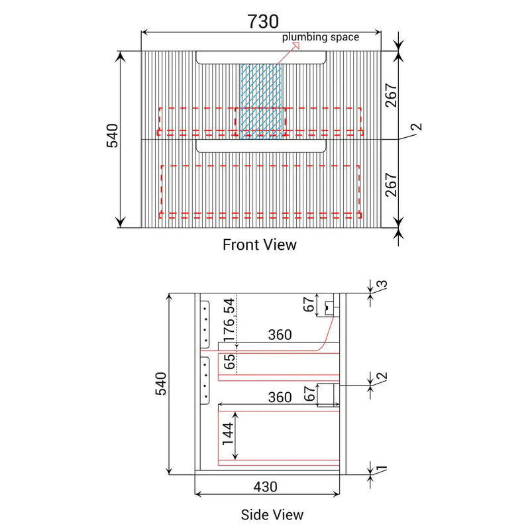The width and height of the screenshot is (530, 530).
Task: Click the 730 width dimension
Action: pyautogui.click(x=263, y=21)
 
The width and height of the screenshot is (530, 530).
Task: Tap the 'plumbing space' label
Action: pyautogui.click(x=321, y=37)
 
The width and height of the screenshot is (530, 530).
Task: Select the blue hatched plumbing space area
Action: pyautogui.click(x=260, y=101)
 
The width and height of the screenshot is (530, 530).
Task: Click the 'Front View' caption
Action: pyautogui.click(x=260, y=244)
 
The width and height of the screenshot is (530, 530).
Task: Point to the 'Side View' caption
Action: pyautogui.click(x=272, y=515)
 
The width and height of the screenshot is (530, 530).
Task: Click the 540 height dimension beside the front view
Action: pyautogui.click(x=113, y=136)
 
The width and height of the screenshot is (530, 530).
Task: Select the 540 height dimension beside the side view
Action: pyautogui.click(x=161, y=384)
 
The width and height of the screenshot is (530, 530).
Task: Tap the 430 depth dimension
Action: pyautogui.click(x=266, y=487)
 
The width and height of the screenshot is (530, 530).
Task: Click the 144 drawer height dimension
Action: pyautogui.click(x=227, y=434)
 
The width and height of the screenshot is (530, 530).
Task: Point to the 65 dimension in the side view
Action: pyautogui.click(x=229, y=361)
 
